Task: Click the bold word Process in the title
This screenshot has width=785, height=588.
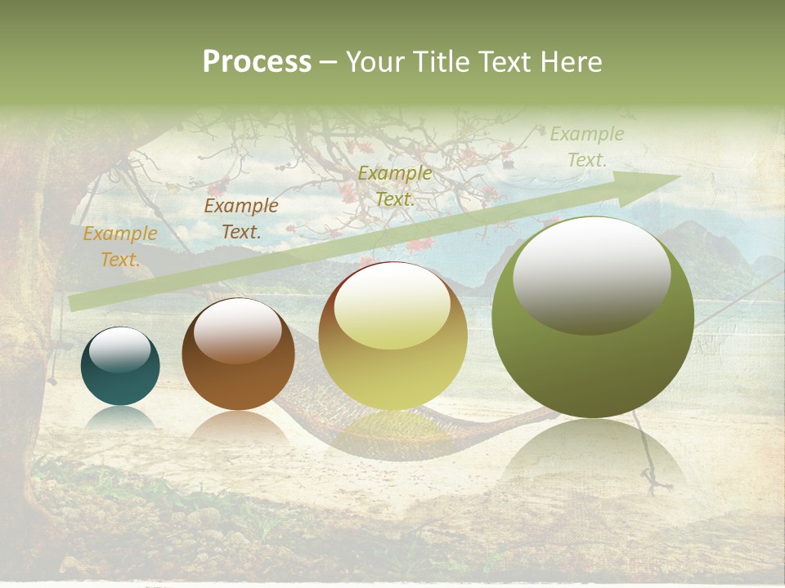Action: click(x=257, y=62)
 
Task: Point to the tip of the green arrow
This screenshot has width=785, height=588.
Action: click(x=679, y=176)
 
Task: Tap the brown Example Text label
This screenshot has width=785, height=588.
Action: click(x=241, y=219)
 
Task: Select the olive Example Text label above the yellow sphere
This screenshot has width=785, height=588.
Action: click(x=395, y=186)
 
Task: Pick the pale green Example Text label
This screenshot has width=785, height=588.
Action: click(x=586, y=147)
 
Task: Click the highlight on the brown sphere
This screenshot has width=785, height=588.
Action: click(x=238, y=330)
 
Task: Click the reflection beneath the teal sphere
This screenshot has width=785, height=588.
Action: click(x=120, y=417)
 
